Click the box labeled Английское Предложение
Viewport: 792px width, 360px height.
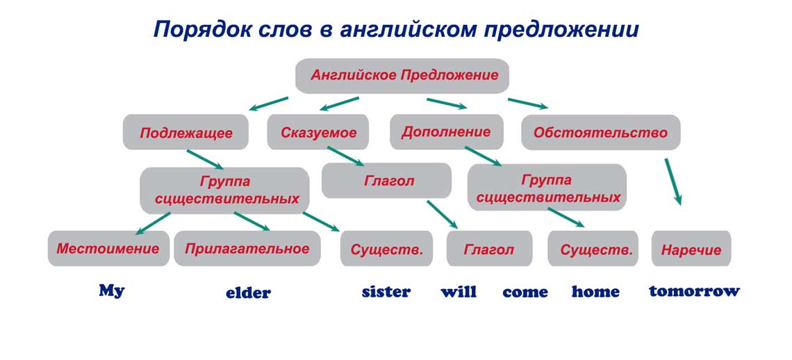pyautogui.click(x=402, y=76)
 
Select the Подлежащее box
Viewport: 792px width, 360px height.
pyautogui.click(x=185, y=132)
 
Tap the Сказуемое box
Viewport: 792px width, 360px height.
pyautogui.click(x=318, y=132)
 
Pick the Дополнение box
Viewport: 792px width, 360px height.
pyautogui.click(x=446, y=131)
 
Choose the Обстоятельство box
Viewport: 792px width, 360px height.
pyautogui.click(x=600, y=132)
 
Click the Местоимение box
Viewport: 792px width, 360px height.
pyautogui.click(x=108, y=249)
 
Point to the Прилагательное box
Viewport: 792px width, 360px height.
pyautogui.click(x=247, y=249)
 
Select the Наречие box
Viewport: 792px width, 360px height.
pyautogui.click(x=691, y=249)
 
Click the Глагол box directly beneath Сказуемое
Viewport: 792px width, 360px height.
pyautogui.click(x=386, y=181)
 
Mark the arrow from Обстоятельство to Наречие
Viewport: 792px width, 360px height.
pyautogui.click(x=673, y=181)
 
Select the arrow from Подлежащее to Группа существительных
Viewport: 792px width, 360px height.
pyautogui.click(x=205, y=159)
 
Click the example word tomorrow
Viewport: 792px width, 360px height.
pyautogui.click(x=694, y=291)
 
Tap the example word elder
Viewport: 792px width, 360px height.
pyautogui.click(x=248, y=293)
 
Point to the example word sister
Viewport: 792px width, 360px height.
pyautogui.click(x=386, y=292)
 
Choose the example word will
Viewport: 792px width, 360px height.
pyautogui.click(x=459, y=292)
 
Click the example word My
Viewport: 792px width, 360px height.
pyautogui.click(x=111, y=291)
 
